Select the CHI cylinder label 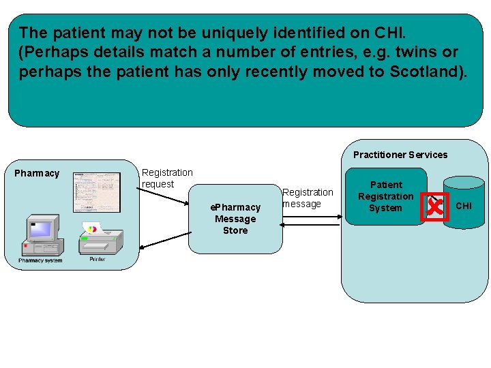click(463, 206)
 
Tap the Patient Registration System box click(385, 196)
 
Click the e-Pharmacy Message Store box click(235, 219)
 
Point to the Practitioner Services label click(400, 155)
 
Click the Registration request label click(166, 179)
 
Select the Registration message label click(308, 198)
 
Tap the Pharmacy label click(37, 173)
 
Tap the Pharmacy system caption click(40, 260)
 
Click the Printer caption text click(97, 260)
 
